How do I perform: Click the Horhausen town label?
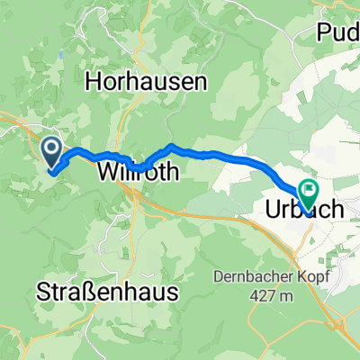(148, 82)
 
